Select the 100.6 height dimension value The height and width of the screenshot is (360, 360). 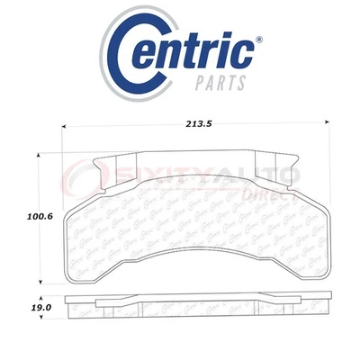[37, 215]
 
